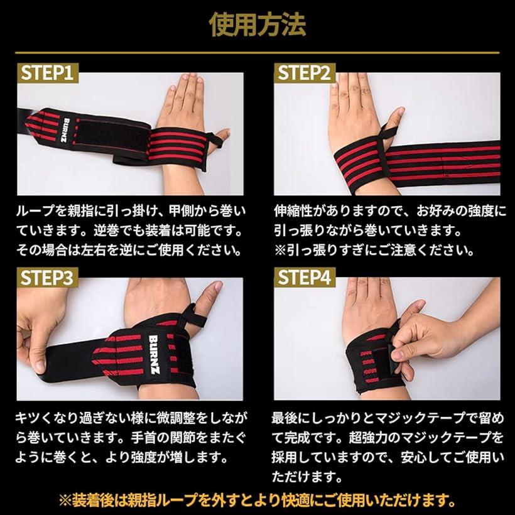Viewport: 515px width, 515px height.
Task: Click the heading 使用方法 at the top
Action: (x=257, y=24)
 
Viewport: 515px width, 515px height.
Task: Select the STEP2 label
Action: (x=305, y=73)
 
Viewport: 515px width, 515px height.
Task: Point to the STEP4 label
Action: (x=305, y=277)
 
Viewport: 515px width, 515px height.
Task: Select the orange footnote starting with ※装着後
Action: (x=257, y=501)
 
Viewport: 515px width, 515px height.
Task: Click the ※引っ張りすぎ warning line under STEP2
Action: (x=374, y=250)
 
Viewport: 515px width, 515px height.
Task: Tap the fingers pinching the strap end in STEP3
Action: (x=35, y=352)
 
